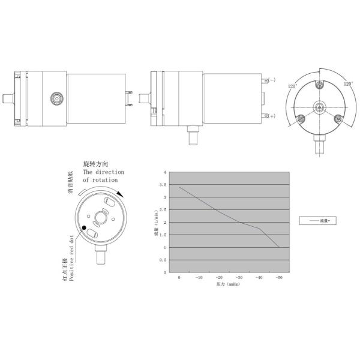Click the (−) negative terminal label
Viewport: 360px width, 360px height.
tap(272, 80)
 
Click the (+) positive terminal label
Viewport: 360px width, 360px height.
tap(272, 116)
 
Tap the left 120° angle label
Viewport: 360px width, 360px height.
tap(293, 86)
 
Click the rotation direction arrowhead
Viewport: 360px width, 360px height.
tap(122, 193)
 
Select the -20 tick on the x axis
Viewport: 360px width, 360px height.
tap(219, 278)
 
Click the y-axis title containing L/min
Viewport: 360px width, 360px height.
tap(155, 221)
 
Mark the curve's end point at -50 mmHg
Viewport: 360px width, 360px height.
tap(279, 247)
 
